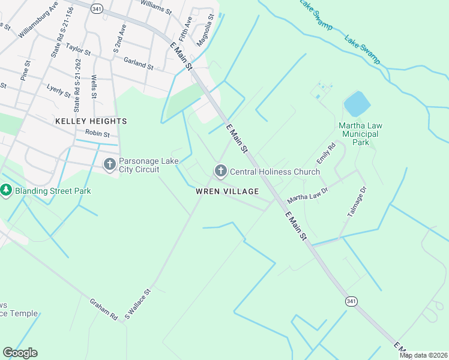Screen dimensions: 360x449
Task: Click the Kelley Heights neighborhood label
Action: click(91, 121)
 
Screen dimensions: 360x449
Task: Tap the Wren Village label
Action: click(227, 191)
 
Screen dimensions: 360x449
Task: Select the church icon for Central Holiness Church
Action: click(220, 172)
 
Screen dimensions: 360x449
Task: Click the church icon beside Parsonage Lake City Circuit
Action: click(109, 164)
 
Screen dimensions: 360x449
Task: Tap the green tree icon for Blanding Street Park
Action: click(7, 190)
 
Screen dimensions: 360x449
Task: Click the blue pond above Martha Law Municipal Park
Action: click(357, 104)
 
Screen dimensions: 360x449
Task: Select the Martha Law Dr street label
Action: click(309, 194)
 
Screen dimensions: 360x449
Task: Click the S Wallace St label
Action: click(137, 303)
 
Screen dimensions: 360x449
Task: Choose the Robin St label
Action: click(97, 133)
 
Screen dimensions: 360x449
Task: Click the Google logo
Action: click(20, 353)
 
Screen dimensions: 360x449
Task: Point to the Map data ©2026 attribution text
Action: click(423, 355)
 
